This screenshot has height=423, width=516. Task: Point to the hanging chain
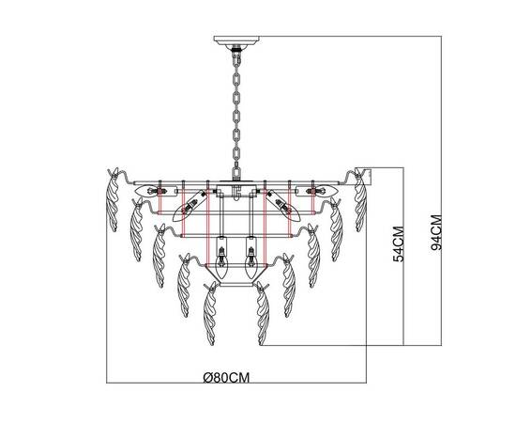coord(234,113)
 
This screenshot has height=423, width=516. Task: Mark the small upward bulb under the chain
coord(234,191)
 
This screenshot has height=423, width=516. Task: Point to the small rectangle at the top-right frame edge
coord(370,174)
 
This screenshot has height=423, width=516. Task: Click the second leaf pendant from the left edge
coord(135,227)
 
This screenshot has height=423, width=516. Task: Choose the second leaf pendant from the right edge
coord(334,227)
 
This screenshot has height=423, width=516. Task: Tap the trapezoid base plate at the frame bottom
coord(234,281)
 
